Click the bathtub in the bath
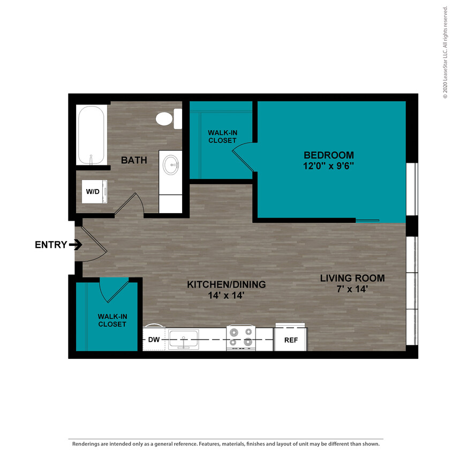click(92, 135)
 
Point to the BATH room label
click(134, 160)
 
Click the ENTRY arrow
click(75, 245)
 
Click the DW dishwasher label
click(154, 340)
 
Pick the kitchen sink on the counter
click(183, 340)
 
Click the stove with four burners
click(240, 337)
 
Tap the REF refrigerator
click(291, 340)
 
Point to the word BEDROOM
click(328, 155)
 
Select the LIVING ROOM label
click(352, 278)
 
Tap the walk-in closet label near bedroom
click(222, 136)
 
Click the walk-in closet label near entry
click(112, 320)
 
